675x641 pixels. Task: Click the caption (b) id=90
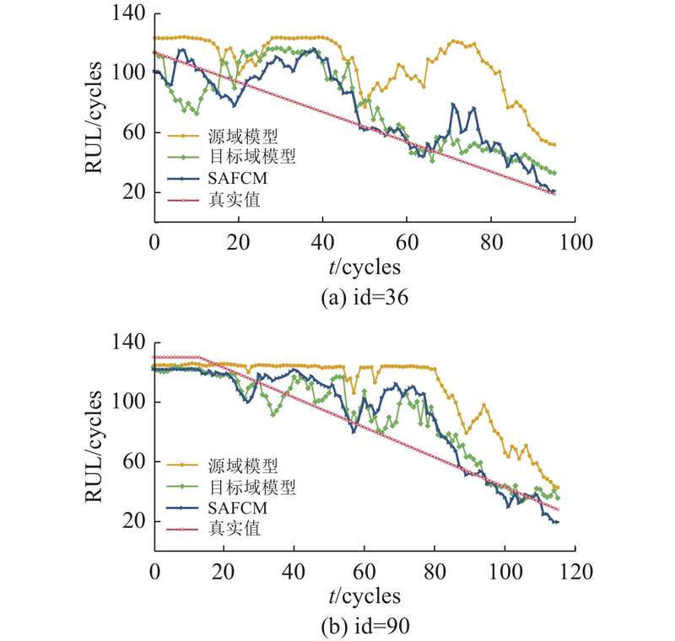[364, 625]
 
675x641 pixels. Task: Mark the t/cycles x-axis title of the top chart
[364, 267]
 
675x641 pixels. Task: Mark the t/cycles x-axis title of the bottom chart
[364, 596]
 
